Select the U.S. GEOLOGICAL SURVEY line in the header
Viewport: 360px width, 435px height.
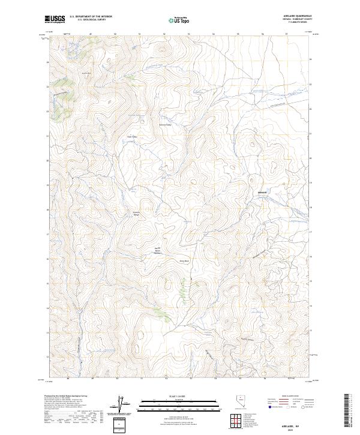point(92,21)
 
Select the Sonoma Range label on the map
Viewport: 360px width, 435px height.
point(136,213)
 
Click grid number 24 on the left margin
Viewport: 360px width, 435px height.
point(47,61)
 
